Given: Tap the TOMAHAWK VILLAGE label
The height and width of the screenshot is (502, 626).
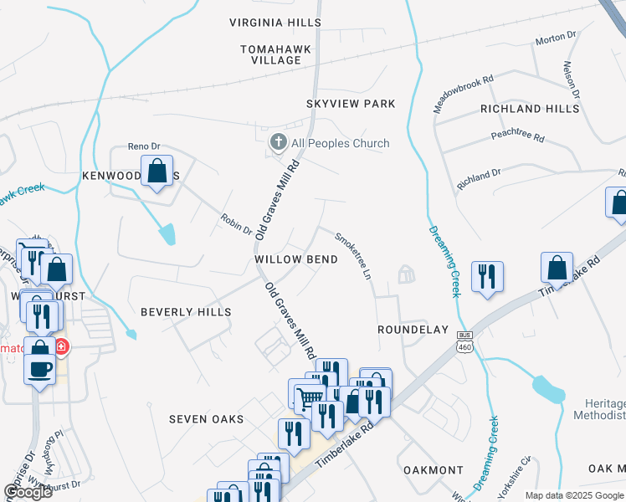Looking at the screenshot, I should [275, 54].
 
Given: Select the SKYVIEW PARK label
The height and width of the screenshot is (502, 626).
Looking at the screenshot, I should [350, 104].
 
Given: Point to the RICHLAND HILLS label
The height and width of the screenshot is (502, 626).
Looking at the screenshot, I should [529, 109].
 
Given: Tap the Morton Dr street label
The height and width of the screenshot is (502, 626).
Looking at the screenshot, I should [557, 38].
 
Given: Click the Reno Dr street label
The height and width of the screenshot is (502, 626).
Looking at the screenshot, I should [143, 146].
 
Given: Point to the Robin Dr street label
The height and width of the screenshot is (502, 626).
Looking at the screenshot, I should [236, 223].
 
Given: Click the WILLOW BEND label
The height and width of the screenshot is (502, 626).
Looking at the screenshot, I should [296, 259].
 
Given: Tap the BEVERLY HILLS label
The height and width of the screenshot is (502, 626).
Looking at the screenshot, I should [185, 312].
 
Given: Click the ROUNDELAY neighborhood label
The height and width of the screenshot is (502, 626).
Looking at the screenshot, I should [413, 330].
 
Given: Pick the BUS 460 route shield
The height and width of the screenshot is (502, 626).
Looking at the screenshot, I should [464, 341].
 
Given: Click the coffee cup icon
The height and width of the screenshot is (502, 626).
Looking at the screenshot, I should [39, 368].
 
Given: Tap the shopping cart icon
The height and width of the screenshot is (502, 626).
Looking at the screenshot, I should [309, 397].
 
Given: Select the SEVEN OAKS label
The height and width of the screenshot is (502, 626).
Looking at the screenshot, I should [206, 419].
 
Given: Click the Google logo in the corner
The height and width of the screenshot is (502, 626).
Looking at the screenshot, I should [28, 492].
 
